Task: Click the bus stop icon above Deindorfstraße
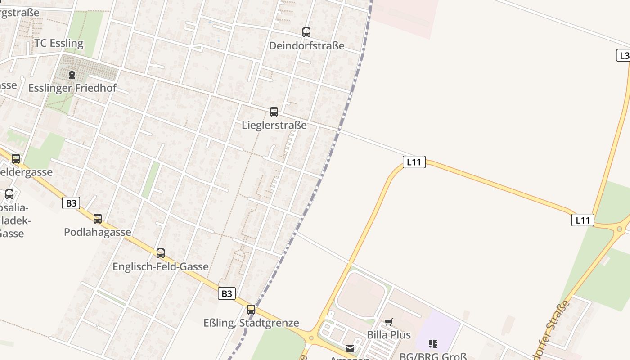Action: coord(306,32)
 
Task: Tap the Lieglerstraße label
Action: coord(274,125)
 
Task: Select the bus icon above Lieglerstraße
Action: coord(274,112)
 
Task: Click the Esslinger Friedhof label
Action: coord(72,88)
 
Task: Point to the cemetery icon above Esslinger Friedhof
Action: coord(72,75)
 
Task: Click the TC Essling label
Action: coord(59,43)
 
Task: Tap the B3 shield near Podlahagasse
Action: coord(71,203)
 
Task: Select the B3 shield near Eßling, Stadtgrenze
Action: coord(227,294)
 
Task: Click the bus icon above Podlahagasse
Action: coord(98,219)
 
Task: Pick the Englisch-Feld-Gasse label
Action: coord(160,266)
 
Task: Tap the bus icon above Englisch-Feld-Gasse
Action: coord(161,253)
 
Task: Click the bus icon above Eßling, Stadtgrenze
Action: coord(251,310)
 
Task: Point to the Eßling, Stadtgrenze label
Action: coord(251,323)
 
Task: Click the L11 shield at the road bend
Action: coord(414,162)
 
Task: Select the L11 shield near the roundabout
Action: coord(583,220)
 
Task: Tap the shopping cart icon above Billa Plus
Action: coord(389,322)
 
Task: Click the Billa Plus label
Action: coord(389,335)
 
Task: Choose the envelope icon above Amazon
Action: coord(350,348)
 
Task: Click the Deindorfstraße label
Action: coord(306,45)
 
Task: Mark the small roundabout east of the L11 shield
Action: coord(620,229)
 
